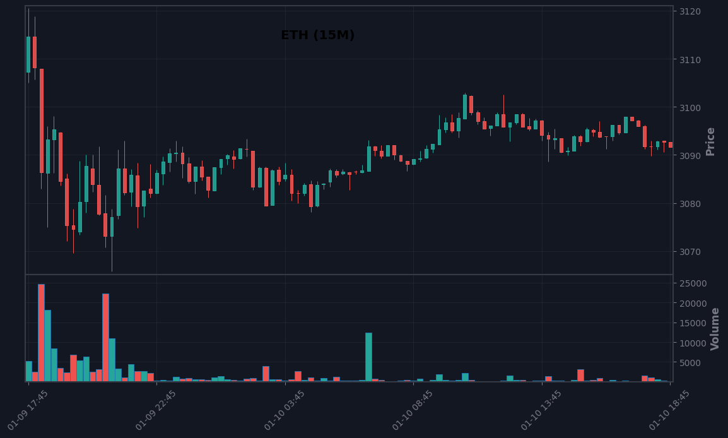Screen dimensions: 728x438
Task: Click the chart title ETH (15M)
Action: pyautogui.click(x=317, y=35)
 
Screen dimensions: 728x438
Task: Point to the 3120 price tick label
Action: pyautogui.click(x=690, y=11)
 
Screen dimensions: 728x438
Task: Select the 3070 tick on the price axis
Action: pyautogui.click(x=690, y=252)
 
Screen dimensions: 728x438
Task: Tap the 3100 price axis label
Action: pyautogui.click(x=690, y=108)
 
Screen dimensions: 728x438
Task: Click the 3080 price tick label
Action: pyautogui.click(x=690, y=204)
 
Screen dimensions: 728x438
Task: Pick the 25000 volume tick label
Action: pyautogui.click(x=693, y=284)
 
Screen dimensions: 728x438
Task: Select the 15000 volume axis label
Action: pyautogui.click(x=693, y=323)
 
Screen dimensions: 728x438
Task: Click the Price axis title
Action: pyautogui.click(x=710, y=141)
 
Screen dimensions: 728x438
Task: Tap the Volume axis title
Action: pyautogui.click(x=715, y=329)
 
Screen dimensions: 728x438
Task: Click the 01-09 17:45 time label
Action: pyautogui.click(x=27, y=411)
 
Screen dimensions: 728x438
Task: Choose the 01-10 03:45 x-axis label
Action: pyautogui.click(x=284, y=411)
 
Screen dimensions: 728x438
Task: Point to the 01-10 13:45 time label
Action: pyautogui.click(x=541, y=411)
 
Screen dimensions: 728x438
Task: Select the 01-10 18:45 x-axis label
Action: pyautogui.click(x=669, y=411)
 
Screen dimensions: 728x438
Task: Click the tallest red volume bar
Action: pyautogui.click(x=42, y=333)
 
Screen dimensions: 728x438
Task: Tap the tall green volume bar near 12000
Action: pyautogui.click(x=368, y=357)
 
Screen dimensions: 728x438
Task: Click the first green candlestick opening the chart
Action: pyautogui.click(x=28, y=54)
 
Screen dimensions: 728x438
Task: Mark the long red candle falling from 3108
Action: pyautogui.click(x=42, y=121)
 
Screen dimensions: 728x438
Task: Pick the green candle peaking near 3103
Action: pyautogui.click(x=465, y=107)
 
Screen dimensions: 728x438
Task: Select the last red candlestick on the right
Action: pyautogui.click(x=671, y=145)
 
